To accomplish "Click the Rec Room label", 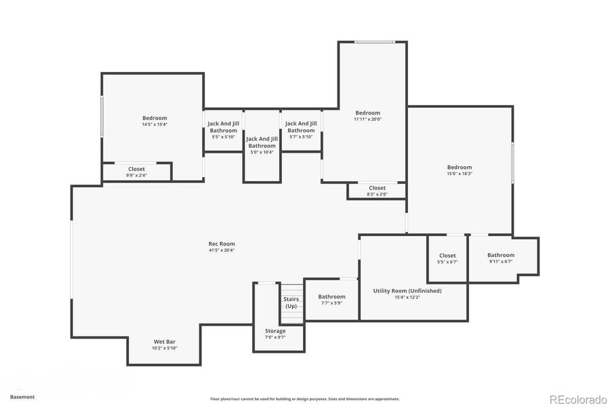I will click(x=222, y=244).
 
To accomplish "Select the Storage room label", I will click(x=275, y=331).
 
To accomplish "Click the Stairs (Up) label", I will click(x=291, y=303).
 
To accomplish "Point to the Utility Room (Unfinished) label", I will click(x=407, y=291).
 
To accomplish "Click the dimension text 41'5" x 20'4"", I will click(x=222, y=250).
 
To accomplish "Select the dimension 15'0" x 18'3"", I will click(x=459, y=174).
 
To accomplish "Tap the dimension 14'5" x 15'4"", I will click(x=155, y=125).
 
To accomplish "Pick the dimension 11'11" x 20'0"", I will click(x=368, y=119).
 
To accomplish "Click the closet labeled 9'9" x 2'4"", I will click(x=136, y=172).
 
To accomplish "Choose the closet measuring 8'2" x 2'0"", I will click(x=377, y=191).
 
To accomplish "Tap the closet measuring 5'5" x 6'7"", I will click(x=447, y=258).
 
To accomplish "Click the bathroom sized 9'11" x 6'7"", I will click(x=501, y=258).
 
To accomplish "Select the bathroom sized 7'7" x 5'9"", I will click(x=332, y=299).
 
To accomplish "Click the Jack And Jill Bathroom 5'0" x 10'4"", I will click(x=262, y=145).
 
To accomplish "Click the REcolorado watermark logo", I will click(x=577, y=398).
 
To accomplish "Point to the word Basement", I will click(x=22, y=397).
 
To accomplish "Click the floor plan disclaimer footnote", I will click(x=304, y=399).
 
